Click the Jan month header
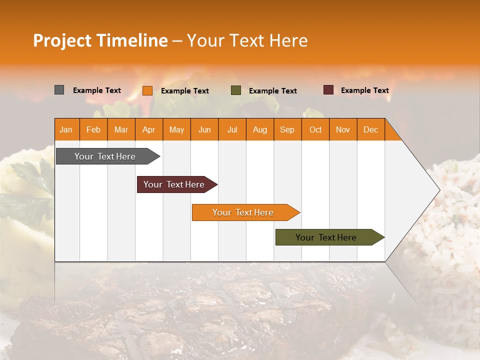[x=66, y=129]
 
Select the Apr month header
[x=149, y=129]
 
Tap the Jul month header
[x=232, y=129]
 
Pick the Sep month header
[x=287, y=129]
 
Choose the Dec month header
[x=370, y=129]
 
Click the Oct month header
[x=315, y=129]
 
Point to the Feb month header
[x=93, y=129]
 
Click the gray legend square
[x=59, y=90]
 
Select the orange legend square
[x=147, y=90]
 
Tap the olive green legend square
[x=235, y=90]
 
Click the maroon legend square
[x=328, y=90]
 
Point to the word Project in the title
[x=62, y=40]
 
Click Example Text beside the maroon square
[x=364, y=90]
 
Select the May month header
[x=176, y=129]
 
